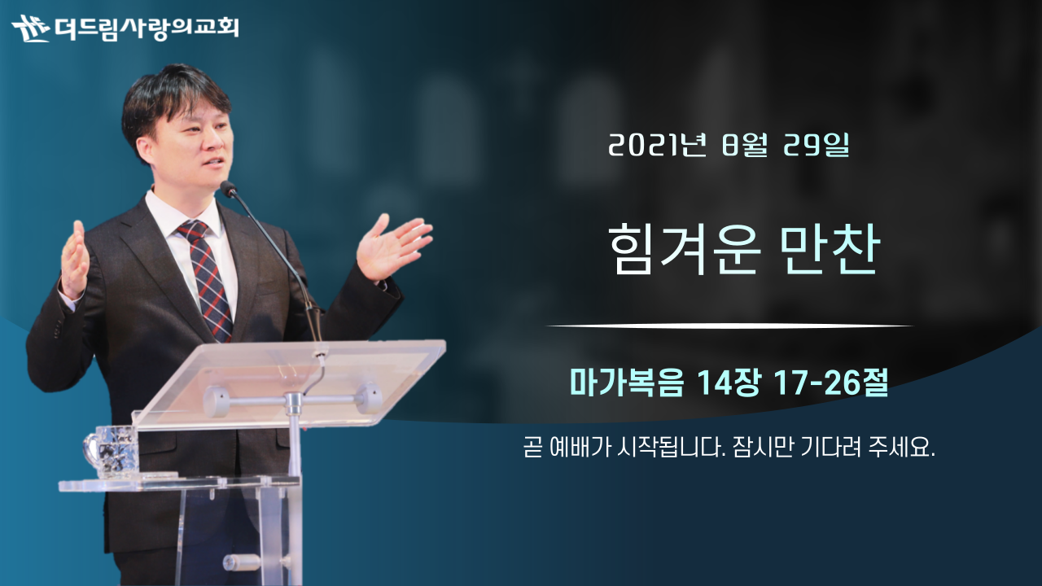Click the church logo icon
(31, 28)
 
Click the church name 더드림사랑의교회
(147, 28)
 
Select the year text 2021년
(657, 145)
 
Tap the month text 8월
(744, 145)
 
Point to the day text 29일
(817, 145)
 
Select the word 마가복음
(627, 383)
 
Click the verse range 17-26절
(831, 383)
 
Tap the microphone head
(229, 188)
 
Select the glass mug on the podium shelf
(111, 451)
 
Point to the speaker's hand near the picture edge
(74, 260)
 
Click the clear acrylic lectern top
(289, 383)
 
